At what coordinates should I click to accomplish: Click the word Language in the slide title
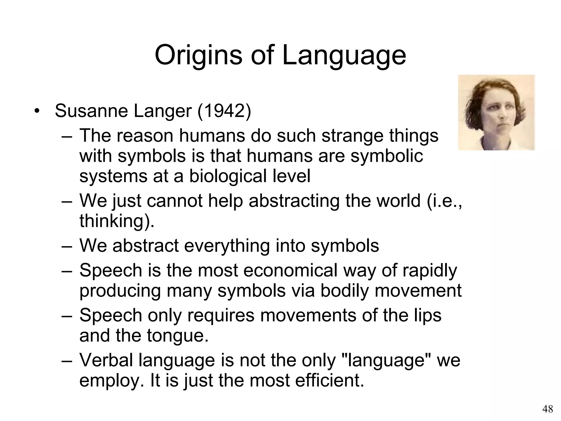pos(344,56)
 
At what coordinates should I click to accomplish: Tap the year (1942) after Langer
pos(224,111)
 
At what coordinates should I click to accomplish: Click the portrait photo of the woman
pos(496,112)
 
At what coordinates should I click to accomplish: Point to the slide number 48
pos(548,409)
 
